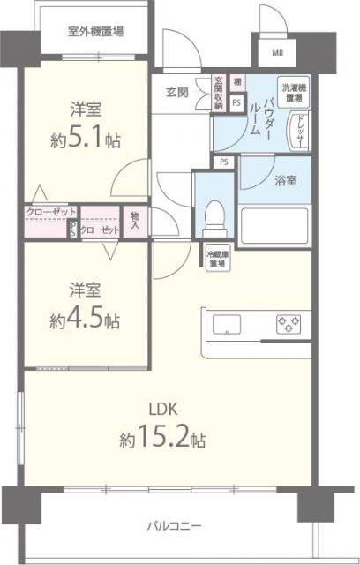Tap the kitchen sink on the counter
pos(227,324)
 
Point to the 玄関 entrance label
pos(176,90)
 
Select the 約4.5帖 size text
pos(84,319)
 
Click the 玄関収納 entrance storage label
pos(218,93)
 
